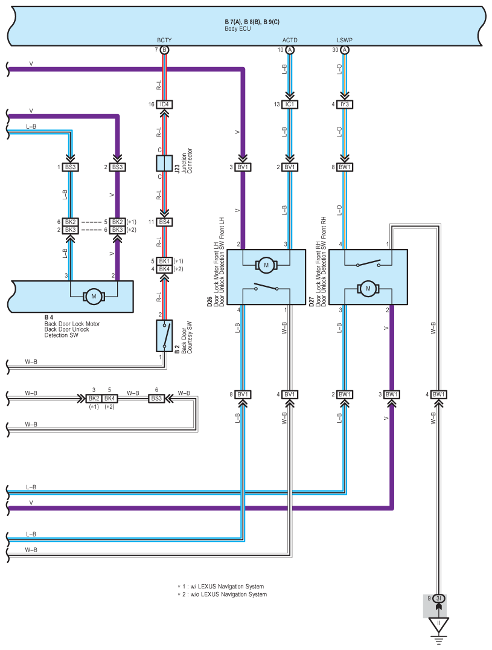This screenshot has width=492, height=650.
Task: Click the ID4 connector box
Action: [x=164, y=105]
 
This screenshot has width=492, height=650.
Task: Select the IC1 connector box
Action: [x=290, y=105]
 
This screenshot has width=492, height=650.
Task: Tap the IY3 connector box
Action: [x=345, y=105]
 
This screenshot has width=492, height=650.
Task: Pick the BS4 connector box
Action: [x=164, y=222]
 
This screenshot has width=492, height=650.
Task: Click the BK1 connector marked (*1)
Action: [x=164, y=261]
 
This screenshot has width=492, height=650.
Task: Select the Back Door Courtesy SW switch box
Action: [x=164, y=336]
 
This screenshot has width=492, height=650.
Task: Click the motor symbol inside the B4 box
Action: [x=93, y=296]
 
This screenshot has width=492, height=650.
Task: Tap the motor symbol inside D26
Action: [x=266, y=265]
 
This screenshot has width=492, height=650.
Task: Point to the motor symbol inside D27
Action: [x=368, y=289]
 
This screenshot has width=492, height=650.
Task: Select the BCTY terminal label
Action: [x=164, y=40]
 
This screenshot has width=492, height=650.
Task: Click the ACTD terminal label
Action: [x=290, y=40]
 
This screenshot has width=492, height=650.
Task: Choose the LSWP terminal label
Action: [x=345, y=40]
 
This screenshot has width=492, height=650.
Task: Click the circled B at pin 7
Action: [x=164, y=50]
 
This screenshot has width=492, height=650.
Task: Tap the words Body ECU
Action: [x=238, y=28]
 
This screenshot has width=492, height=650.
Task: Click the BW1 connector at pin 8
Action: [x=345, y=167]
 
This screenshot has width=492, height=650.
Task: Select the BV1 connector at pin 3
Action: [x=243, y=167]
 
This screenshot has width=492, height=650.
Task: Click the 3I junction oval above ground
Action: [x=439, y=599]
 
